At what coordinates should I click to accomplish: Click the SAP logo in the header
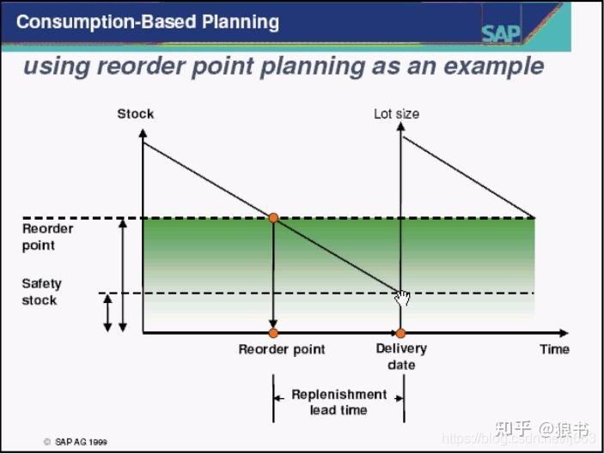500,33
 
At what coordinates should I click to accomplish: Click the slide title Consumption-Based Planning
147,21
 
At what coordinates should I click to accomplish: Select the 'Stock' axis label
136,114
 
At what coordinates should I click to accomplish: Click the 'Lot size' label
396,114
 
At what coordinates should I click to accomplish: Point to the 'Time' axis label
554,349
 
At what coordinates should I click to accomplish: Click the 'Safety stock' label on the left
41,292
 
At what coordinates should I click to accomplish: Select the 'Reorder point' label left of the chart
48,237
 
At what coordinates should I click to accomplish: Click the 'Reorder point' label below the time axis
282,349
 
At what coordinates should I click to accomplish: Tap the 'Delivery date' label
401,356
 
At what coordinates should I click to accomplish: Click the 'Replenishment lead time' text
339,402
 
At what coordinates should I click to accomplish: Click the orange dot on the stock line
273,218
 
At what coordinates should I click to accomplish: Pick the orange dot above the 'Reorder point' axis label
273,333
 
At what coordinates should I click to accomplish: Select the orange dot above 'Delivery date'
400,333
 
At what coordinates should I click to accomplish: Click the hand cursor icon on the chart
402,298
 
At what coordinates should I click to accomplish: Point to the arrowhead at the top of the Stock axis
143,132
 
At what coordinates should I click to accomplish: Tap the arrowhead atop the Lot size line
400,128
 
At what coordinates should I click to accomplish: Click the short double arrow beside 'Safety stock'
108,312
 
